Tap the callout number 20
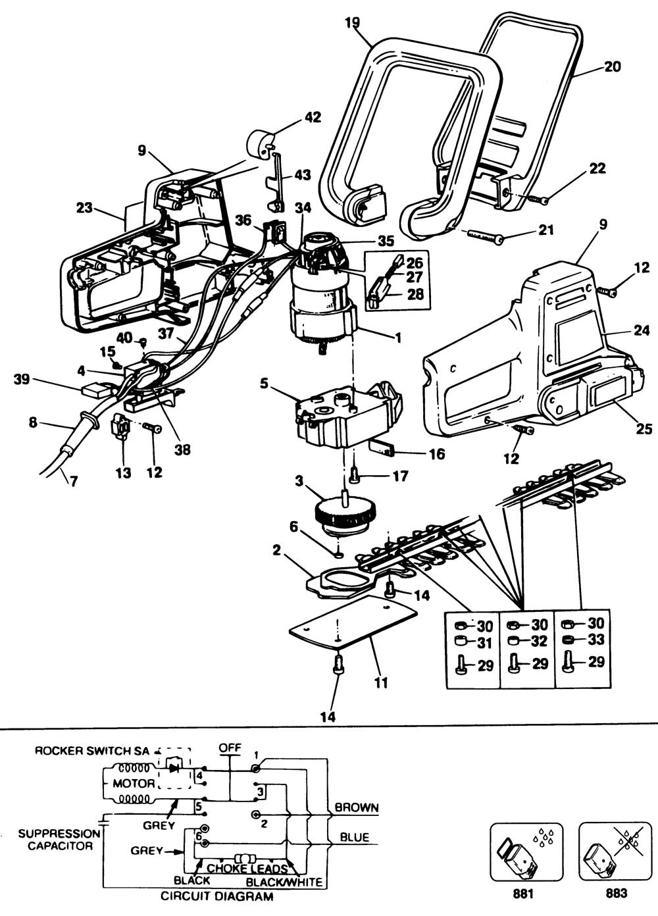point(611,66)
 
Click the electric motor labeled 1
point(322,290)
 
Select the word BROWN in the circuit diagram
point(357,807)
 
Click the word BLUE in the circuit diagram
point(354,838)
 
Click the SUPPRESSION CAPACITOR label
point(60,839)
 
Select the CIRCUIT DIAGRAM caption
point(216,896)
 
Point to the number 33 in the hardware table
point(595,640)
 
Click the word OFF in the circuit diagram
point(230,748)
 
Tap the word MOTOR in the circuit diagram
point(134,783)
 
